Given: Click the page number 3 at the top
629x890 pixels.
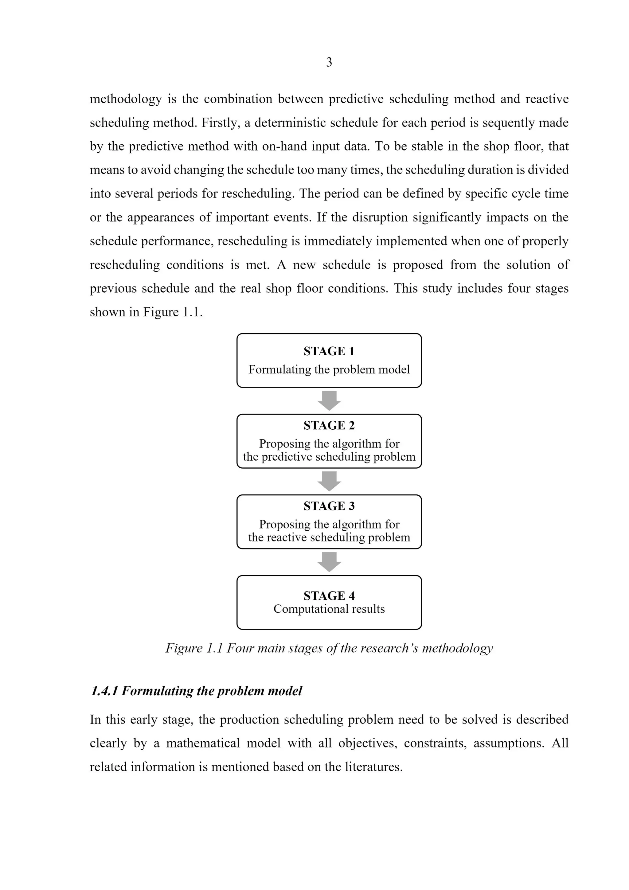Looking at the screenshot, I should [329, 62].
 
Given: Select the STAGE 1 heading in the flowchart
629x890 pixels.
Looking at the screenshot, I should [329, 351].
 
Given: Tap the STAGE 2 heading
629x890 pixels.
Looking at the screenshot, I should [329, 425].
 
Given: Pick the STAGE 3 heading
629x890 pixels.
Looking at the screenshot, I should [329, 506].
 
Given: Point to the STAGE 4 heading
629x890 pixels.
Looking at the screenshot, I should [329, 595].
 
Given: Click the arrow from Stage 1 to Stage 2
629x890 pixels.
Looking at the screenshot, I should [329, 400].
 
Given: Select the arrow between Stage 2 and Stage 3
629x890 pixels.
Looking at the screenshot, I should [329, 481].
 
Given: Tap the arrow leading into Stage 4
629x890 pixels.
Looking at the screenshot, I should [329, 562].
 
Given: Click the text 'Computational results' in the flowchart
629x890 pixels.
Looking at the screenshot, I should [329, 609].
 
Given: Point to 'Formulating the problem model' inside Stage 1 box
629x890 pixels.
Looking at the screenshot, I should [329, 369].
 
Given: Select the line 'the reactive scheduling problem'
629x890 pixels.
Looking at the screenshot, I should [329, 537].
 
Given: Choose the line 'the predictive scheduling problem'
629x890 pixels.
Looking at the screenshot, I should [329, 457].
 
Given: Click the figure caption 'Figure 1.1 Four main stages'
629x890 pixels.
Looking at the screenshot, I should [329, 648].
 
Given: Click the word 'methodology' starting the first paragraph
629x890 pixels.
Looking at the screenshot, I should [126, 99].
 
